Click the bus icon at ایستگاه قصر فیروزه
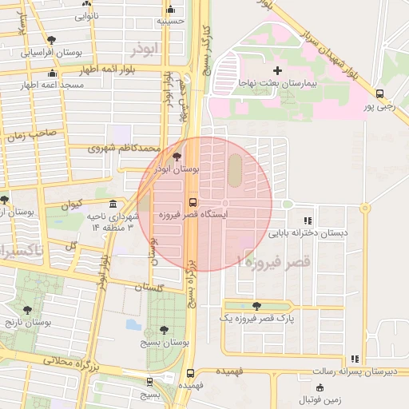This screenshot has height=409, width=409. point(193,202)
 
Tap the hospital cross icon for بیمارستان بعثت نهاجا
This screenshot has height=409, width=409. point(277,71)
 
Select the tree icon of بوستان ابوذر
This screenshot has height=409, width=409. point(177,157)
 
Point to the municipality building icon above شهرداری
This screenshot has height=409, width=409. point(113,204)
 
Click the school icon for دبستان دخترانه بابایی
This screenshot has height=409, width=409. point(308,221)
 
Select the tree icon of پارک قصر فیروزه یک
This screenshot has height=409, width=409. point(256,306)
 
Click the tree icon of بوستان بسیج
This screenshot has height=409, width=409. point(163,329)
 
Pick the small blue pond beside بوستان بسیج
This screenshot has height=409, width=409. point(133,325)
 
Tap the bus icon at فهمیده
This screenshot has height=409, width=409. point(189,373)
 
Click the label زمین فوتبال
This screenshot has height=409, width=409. point(318,399)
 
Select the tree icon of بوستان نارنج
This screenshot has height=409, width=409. point(28,310)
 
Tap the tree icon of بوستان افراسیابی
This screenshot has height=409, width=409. point(52,39)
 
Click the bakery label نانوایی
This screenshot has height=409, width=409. point(87,15)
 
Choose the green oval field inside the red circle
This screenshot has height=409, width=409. point(234,169)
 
